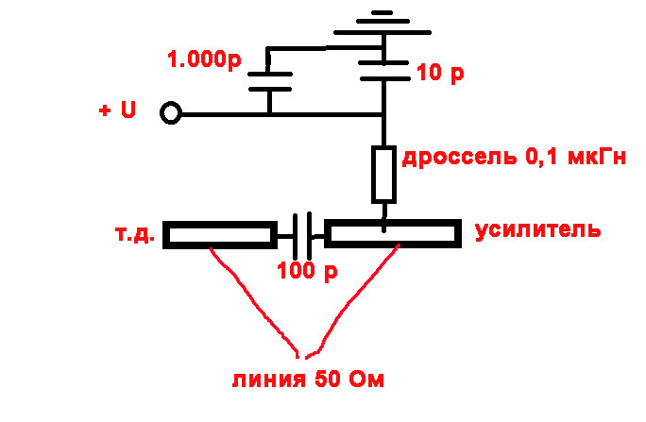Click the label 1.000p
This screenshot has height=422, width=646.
click(204, 61)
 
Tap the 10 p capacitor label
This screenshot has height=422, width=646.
click(440, 73)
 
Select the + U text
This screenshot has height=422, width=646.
click(117, 110)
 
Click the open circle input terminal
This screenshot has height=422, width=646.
click(170, 114)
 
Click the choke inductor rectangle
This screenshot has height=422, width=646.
click(383, 175)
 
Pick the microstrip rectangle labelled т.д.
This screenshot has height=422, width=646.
click(218, 234)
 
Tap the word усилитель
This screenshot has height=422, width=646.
click(537, 229)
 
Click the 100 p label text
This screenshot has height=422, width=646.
click(307, 273)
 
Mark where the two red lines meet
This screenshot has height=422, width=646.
click(303, 356)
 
